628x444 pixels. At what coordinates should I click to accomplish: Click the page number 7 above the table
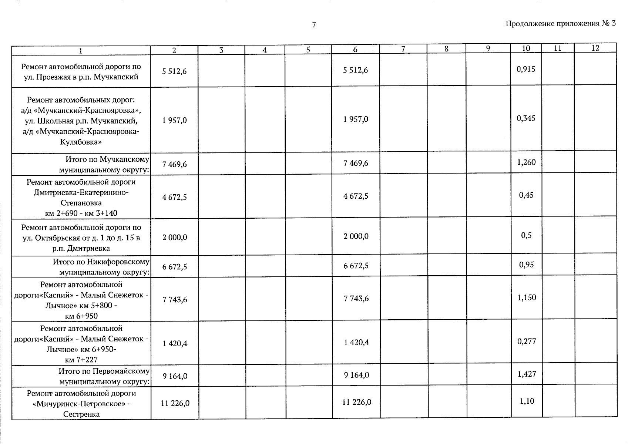pos(314,25)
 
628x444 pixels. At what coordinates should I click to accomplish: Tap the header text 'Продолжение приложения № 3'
pos(560,24)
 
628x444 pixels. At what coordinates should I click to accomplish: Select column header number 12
pos(595,48)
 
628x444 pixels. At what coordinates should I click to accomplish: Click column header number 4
pos(265,50)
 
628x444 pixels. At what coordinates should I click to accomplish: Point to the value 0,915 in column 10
pos(526,69)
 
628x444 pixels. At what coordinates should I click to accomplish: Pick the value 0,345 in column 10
pos(526,118)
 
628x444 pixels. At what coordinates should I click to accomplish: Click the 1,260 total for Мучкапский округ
pos(526,162)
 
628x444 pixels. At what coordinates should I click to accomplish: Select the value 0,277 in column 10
pos(527,341)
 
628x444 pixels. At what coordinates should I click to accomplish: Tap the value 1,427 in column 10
pos(527,374)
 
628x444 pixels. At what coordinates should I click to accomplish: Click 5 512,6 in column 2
pos(174,71)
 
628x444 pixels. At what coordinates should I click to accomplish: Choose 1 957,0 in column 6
pos(356,120)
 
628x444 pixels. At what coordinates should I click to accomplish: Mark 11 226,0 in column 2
pos(175,403)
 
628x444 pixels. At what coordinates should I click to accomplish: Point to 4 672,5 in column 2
pos(174,197)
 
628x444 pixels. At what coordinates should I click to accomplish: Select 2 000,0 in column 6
pos(356,236)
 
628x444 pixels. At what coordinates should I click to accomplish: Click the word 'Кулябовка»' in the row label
pos(81,142)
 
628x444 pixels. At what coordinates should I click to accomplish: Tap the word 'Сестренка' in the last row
pos(81,414)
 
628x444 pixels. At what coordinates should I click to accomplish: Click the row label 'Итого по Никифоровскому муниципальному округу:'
pos(101,267)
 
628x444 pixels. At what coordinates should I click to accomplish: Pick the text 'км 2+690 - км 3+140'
pos(81,213)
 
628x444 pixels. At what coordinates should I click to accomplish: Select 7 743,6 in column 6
pos(356,299)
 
